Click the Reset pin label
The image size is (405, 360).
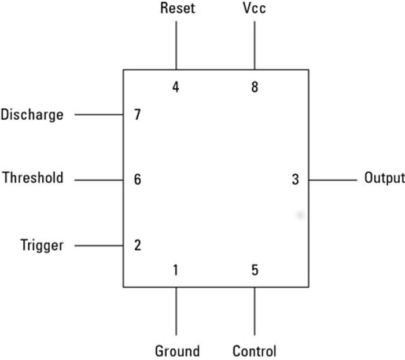(178, 9)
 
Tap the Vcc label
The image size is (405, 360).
(254, 9)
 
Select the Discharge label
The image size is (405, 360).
(32, 115)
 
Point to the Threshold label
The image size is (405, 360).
(33, 178)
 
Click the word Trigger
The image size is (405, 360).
(42, 245)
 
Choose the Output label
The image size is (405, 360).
(384, 178)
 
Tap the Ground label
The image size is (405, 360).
(177, 351)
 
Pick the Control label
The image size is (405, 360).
(255, 351)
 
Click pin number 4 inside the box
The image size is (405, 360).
(176, 88)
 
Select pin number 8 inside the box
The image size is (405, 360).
(255, 88)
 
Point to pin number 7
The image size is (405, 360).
(137, 115)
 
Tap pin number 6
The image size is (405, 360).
(137, 179)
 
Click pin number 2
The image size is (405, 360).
(137, 245)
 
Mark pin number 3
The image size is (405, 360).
(295, 179)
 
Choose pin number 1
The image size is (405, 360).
(176, 270)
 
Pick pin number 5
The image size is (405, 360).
(255, 270)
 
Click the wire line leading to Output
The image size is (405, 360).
(333, 180)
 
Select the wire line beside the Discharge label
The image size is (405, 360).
(98, 115)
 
